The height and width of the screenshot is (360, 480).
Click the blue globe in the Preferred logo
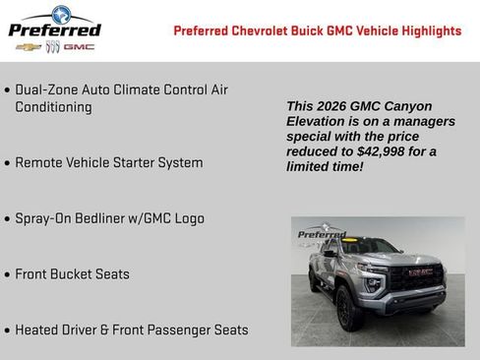pos(61,14)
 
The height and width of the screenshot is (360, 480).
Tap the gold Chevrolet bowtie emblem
pos(34,46)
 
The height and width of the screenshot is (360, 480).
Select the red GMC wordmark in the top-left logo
pos(80,46)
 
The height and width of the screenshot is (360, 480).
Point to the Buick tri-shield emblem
pos(54,46)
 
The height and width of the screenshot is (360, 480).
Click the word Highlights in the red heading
pos(427,30)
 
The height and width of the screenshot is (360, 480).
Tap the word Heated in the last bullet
pos(37,330)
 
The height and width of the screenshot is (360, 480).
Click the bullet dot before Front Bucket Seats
pos(8,275)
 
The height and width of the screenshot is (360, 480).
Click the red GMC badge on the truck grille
pos(421,271)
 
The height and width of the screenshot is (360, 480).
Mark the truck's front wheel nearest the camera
pos(345,308)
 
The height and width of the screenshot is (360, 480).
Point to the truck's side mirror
pos(330,253)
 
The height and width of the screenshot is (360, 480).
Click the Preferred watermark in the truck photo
pos(321,234)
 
